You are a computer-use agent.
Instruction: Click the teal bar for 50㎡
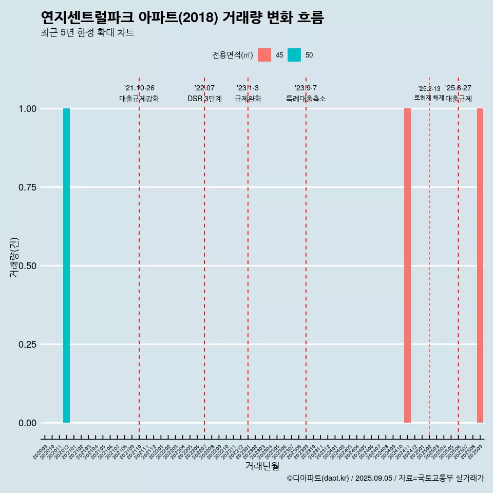pyautogui.click(x=66, y=266)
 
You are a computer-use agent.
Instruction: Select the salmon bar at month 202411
pyautogui.click(x=407, y=266)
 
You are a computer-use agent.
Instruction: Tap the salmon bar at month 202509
pyautogui.click(x=480, y=266)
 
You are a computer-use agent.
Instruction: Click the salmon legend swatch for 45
pyautogui.click(x=264, y=55)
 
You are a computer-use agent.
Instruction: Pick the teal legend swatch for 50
pyautogui.click(x=294, y=55)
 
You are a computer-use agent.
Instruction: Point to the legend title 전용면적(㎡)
pyautogui.click(x=232, y=55)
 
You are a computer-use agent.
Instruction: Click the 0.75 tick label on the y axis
pyautogui.click(x=27, y=187)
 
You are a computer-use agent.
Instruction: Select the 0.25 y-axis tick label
pyautogui.click(x=27, y=345)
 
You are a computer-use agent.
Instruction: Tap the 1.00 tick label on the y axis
pyautogui.click(x=27, y=109)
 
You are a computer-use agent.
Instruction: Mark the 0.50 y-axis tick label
pyautogui.click(x=27, y=266)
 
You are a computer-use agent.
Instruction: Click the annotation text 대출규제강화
pyautogui.click(x=139, y=99)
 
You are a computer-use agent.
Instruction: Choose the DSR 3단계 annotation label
pyautogui.click(x=204, y=99)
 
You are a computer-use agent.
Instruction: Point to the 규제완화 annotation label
pyautogui.click(x=248, y=99)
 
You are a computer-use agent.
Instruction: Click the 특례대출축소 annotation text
pyautogui.click(x=306, y=99)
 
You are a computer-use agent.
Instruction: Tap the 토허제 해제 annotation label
pyautogui.click(x=429, y=98)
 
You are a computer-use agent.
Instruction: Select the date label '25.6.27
pyautogui.click(x=458, y=88)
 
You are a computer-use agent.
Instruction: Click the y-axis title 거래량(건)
pyautogui.click(x=14, y=257)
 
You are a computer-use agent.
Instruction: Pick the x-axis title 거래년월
pyautogui.click(x=262, y=466)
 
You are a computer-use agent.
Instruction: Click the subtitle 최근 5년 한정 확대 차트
pyautogui.click(x=87, y=33)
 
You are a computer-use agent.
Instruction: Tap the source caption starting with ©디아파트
pyautogui.click(x=385, y=478)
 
